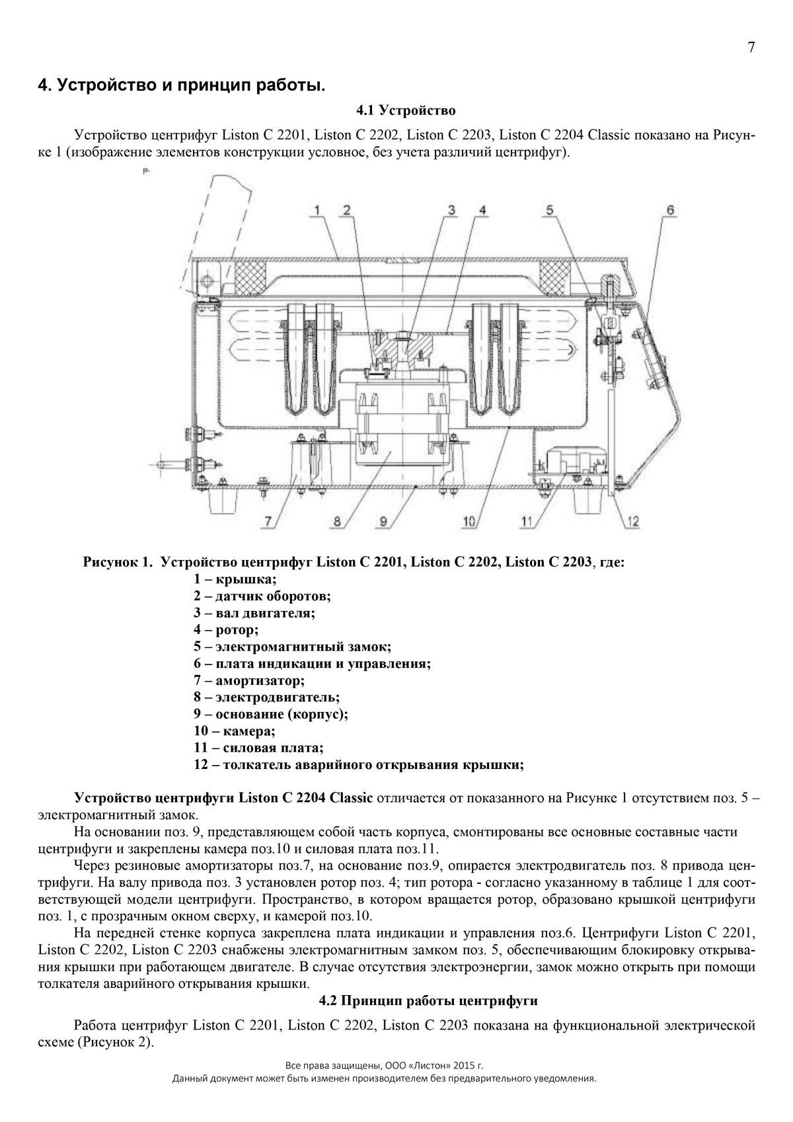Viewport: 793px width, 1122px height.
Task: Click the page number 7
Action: (x=751, y=48)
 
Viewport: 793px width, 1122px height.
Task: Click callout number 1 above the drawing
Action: (x=317, y=210)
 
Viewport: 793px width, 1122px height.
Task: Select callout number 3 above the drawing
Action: (x=452, y=210)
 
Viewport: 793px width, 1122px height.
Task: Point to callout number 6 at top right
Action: (x=670, y=210)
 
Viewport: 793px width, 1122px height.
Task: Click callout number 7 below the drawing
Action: (x=268, y=521)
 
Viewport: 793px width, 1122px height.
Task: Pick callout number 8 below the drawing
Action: (x=337, y=521)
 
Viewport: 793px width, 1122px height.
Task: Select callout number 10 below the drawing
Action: (x=470, y=521)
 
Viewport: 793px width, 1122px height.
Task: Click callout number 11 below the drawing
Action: (x=527, y=521)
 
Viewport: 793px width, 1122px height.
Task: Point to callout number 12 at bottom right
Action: (x=632, y=521)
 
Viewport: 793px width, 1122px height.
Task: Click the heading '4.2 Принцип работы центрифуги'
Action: (x=428, y=1001)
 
